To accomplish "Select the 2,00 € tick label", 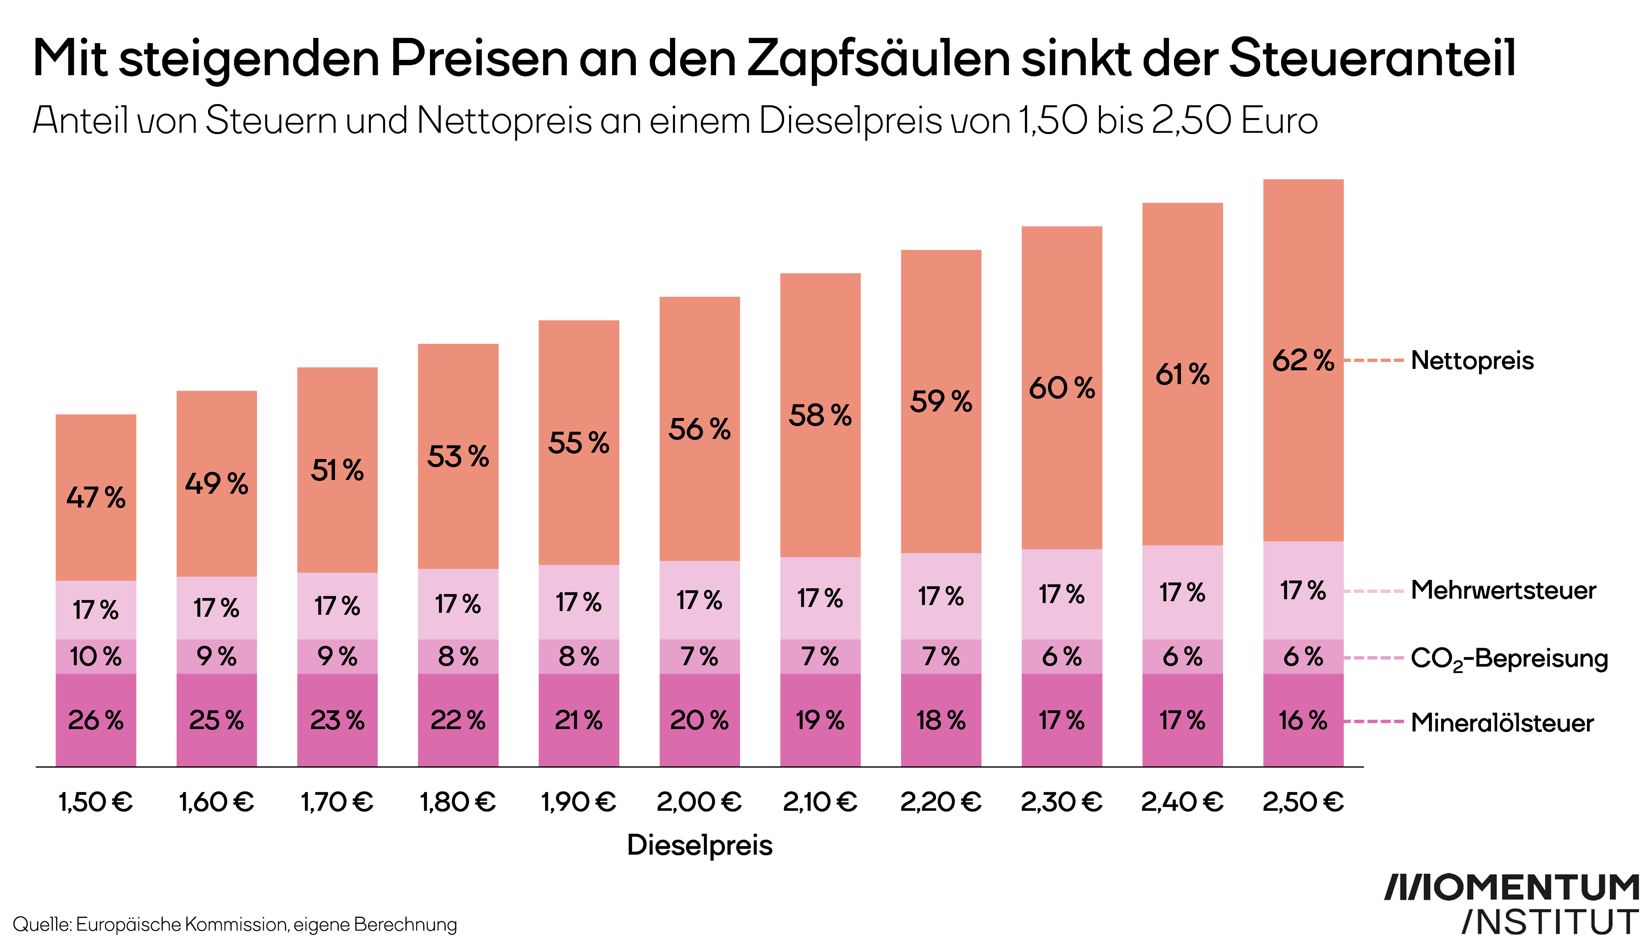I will [699, 803].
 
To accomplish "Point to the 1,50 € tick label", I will [96, 803].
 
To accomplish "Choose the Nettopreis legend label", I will [1472, 360].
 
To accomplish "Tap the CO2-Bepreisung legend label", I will [1509, 659].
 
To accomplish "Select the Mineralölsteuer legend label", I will [1502, 723].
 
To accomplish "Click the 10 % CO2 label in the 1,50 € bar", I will [96, 657].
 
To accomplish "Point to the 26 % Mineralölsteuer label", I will [96, 720].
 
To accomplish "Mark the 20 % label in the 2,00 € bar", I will [699, 720].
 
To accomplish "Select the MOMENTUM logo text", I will [1511, 888].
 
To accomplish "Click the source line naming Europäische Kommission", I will [235, 924].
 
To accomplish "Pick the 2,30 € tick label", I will [1062, 803].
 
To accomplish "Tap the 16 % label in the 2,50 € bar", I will [1303, 720].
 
